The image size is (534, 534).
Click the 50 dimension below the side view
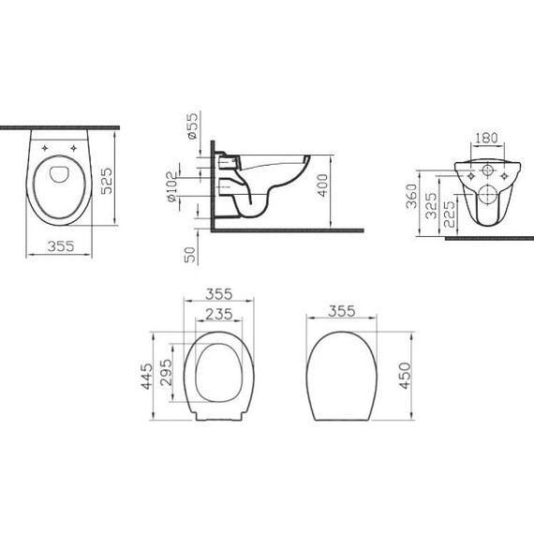191,254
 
